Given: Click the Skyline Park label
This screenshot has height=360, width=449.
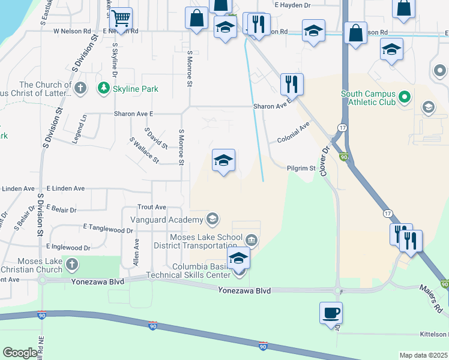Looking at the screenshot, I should click(x=137, y=89).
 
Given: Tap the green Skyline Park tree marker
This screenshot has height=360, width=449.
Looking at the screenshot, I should click(x=104, y=89).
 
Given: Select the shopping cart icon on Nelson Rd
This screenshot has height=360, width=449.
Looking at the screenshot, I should click(x=121, y=19).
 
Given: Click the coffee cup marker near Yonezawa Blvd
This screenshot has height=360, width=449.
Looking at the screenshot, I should click(x=331, y=313).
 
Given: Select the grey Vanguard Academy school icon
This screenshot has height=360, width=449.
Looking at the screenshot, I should click(x=212, y=219).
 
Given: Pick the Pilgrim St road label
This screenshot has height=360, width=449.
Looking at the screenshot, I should click(x=301, y=169).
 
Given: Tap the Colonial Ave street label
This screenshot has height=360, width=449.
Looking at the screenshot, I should click(x=293, y=133).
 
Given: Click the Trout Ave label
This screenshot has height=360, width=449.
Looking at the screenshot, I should click(x=151, y=207).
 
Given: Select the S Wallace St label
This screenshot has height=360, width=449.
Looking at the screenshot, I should click(x=144, y=150).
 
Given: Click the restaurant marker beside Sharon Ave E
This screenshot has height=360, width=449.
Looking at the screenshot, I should click(x=292, y=84).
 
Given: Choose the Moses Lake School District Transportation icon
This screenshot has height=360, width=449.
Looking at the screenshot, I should click(x=251, y=241).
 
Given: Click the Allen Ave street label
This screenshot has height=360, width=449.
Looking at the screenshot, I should click(x=136, y=252).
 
